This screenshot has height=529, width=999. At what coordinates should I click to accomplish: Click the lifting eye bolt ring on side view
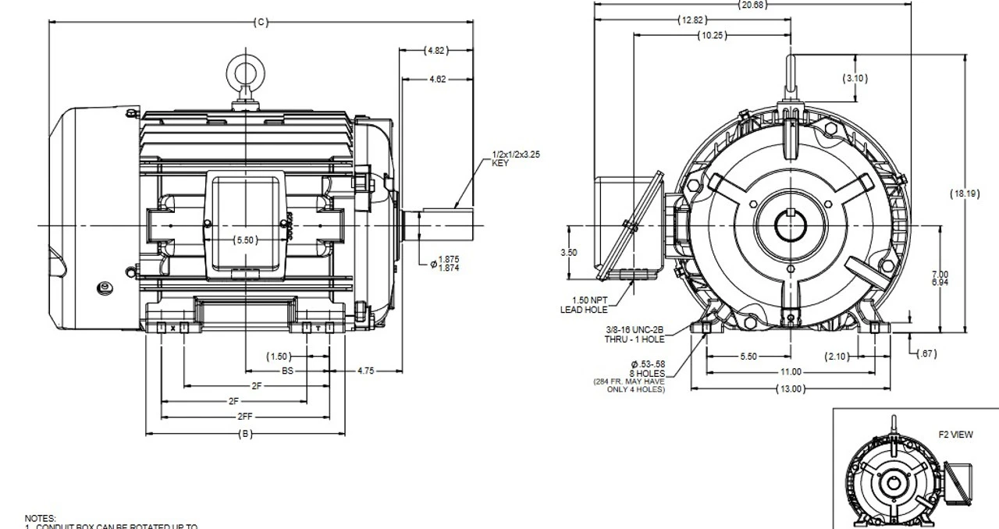(x=245, y=73)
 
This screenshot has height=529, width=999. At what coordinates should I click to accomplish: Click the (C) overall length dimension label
(x=261, y=22)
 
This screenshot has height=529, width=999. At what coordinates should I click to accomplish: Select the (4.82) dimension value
(x=436, y=51)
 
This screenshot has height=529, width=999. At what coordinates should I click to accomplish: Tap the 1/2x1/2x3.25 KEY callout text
(x=516, y=158)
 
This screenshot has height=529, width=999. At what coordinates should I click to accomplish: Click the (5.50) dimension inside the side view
(x=245, y=240)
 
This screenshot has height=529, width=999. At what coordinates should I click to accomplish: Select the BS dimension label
(x=287, y=371)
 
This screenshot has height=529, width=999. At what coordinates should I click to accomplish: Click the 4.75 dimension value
(x=366, y=371)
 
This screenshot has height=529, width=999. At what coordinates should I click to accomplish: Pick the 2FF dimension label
(x=245, y=417)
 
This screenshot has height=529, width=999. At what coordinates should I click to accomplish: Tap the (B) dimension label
(x=245, y=434)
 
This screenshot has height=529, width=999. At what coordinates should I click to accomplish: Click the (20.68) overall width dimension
(x=752, y=5)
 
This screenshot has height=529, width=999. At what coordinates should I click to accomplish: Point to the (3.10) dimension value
(x=855, y=78)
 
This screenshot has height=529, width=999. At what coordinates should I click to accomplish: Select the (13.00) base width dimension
(x=791, y=389)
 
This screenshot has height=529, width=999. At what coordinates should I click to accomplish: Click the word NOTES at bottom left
(x=41, y=517)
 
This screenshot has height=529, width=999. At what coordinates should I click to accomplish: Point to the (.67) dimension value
(x=926, y=354)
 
